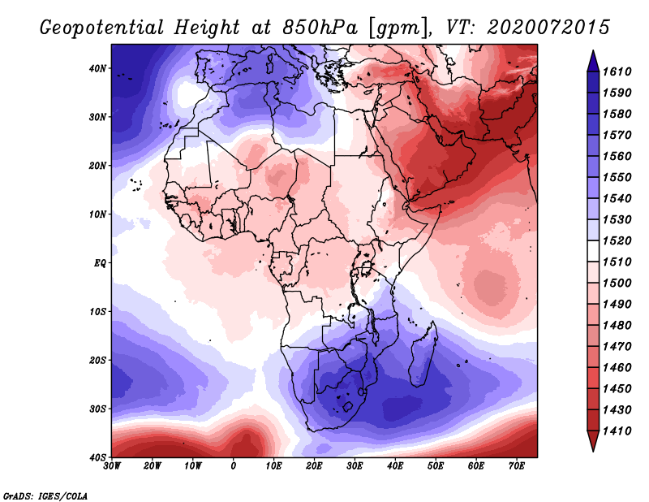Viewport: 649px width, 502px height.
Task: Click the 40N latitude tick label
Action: [x=97, y=68]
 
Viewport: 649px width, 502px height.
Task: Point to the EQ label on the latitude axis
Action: [x=100, y=263]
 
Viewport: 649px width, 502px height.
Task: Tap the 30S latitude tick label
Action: [x=97, y=409]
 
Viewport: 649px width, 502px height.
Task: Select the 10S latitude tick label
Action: [x=97, y=312]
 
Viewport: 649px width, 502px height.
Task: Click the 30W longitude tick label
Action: [x=112, y=466]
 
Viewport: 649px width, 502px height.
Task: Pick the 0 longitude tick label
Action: [x=234, y=466]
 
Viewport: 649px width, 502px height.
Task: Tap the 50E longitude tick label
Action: [x=436, y=466]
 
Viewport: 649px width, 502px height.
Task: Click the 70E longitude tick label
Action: [x=517, y=466]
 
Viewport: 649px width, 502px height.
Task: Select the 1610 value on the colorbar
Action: [x=617, y=71]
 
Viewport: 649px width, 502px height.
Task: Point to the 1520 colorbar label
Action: [x=617, y=240]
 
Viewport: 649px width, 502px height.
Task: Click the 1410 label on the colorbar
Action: [x=617, y=431]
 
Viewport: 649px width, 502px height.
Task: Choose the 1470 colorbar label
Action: [x=617, y=347]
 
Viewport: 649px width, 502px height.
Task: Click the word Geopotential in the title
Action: [x=102, y=28]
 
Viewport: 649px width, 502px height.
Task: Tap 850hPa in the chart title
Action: [x=320, y=28]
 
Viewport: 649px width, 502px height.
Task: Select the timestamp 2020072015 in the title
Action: [x=548, y=28]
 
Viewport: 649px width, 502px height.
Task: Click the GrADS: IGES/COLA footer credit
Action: [x=45, y=496]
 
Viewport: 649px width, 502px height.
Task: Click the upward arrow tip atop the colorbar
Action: [x=593, y=51]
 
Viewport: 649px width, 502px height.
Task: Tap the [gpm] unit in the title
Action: [x=399, y=28]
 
